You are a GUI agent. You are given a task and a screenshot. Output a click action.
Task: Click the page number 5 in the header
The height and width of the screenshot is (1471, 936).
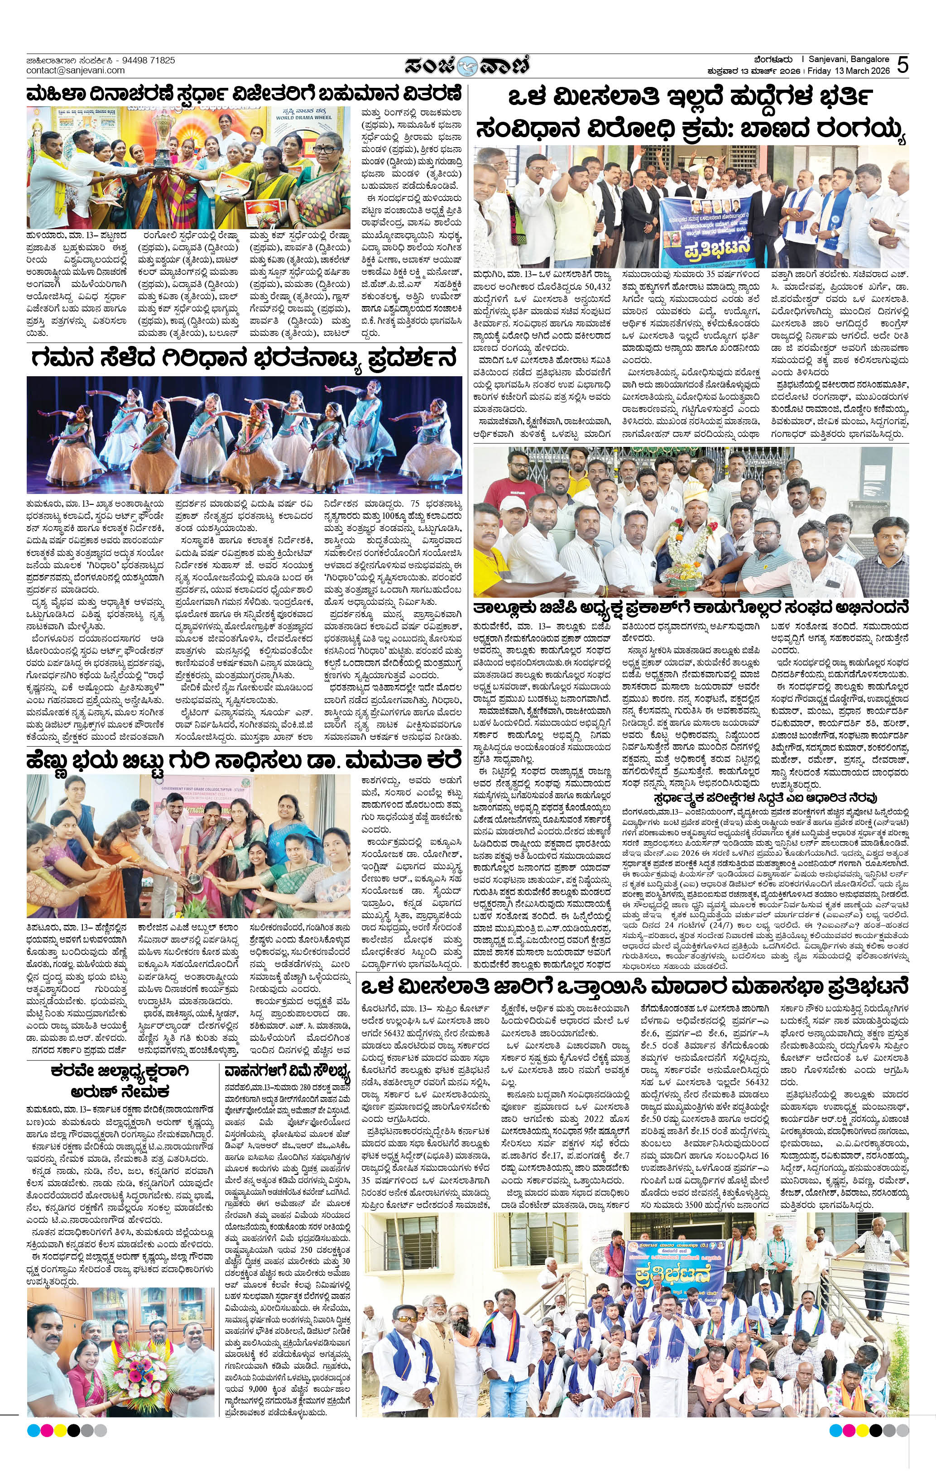point(902,65)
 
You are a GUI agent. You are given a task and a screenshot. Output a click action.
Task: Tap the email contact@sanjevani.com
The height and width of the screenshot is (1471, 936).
point(75,70)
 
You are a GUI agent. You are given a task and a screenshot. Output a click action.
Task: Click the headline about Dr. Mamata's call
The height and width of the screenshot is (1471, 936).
point(243,762)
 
